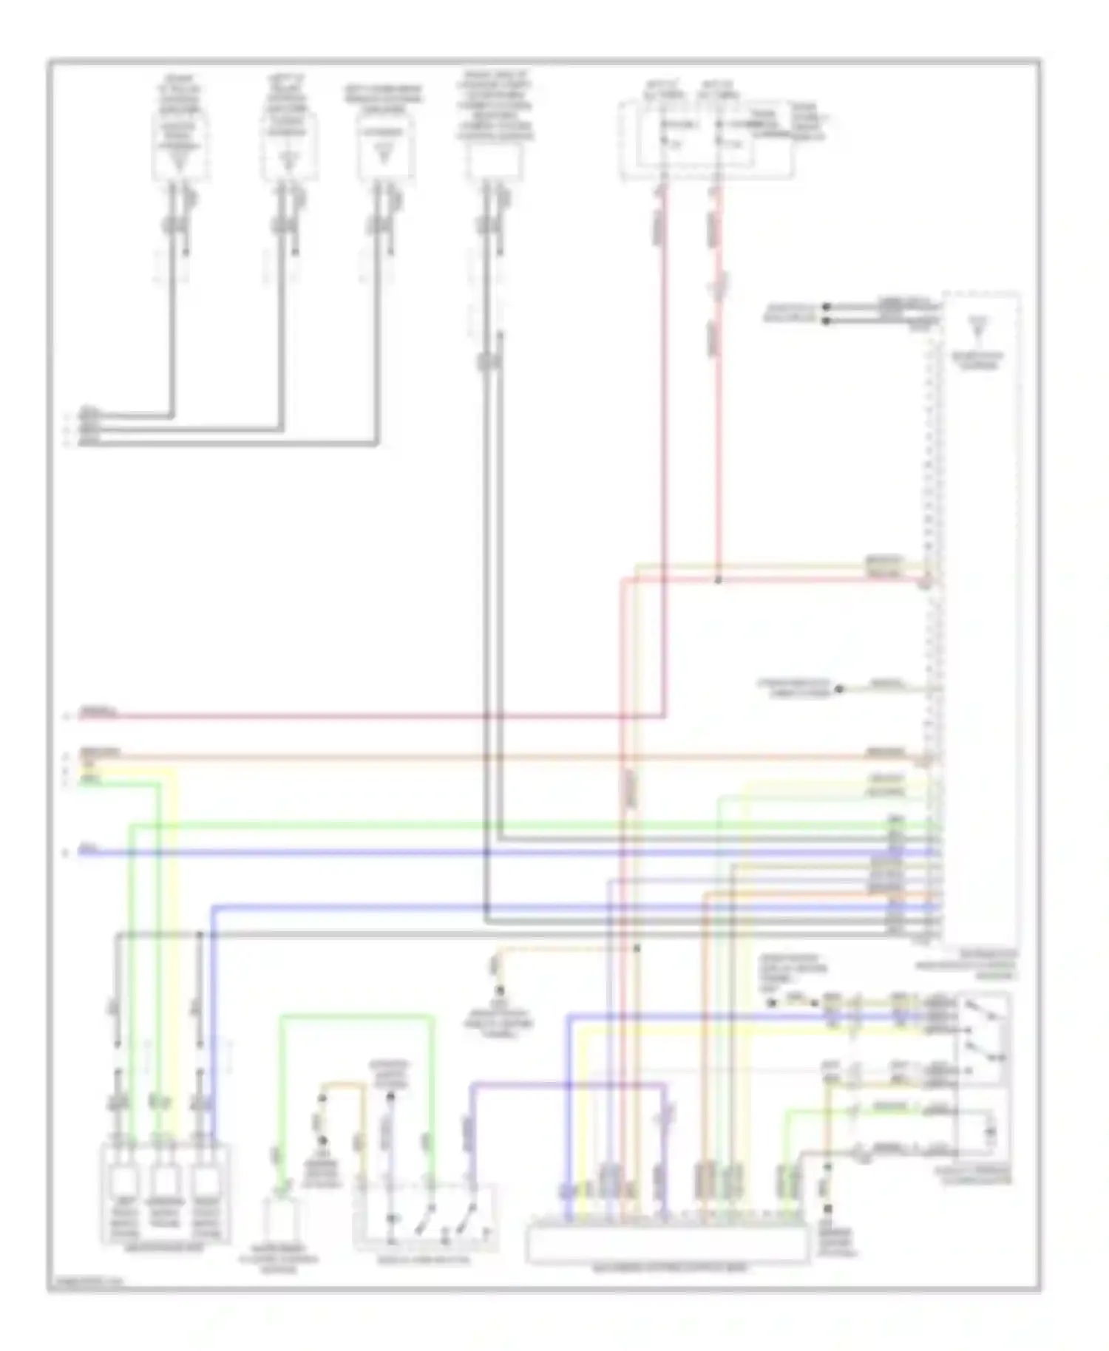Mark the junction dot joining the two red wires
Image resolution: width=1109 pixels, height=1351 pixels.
pyautogui.click(x=718, y=581)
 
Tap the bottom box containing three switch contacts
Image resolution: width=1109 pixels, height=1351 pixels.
pyautogui.click(x=426, y=1218)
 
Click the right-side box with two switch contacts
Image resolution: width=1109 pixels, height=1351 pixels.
pyautogui.click(x=982, y=1039)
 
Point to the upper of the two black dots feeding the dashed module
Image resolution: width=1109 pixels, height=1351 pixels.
pyautogui.click(x=827, y=307)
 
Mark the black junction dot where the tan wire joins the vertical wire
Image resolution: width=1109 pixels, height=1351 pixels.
pyautogui.click(x=637, y=947)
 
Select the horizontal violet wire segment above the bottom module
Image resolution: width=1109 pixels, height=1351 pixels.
pyautogui.click(x=569, y=1085)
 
